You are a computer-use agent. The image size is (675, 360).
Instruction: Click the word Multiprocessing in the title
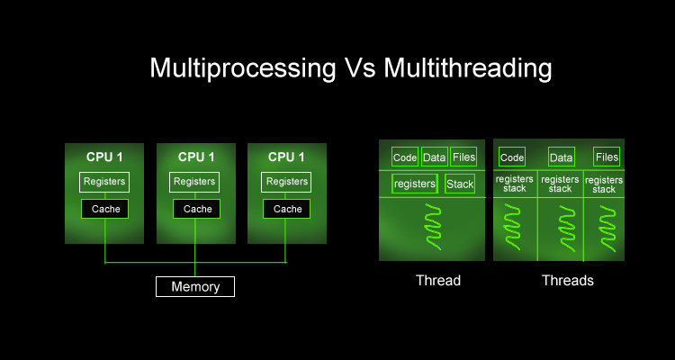[x=242, y=68]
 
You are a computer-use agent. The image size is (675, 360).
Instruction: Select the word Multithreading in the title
[x=467, y=68]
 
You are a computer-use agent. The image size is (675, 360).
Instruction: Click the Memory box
[x=195, y=286]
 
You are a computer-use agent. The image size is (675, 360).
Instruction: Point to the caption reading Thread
[x=438, y=280]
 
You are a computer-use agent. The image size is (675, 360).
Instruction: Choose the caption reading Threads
[x=567, y=280]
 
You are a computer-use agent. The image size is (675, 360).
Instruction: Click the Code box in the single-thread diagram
[x=405, y=157]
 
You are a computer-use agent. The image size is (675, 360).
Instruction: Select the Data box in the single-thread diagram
[x=434, y=157]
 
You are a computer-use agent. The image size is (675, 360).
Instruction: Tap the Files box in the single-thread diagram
[x=463, y=157]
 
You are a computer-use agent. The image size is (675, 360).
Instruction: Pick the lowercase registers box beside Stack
[x=415, y=184]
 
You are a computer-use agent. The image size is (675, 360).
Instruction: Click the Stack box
[x=460, y=184]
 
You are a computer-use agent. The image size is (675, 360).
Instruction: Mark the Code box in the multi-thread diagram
[x=512, y=157]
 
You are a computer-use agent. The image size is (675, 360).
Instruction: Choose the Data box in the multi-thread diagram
[x=562, y=157]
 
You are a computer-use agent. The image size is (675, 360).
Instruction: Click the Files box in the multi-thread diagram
[x=607, y=157]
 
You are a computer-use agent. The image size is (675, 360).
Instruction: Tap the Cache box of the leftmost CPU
[x=105, y=209]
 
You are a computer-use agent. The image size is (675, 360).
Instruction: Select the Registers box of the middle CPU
[x=194, y=182]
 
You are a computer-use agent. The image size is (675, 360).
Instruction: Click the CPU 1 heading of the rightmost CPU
[x=286, y=157]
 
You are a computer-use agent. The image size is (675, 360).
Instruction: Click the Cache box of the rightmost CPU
[x=287, y=209]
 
